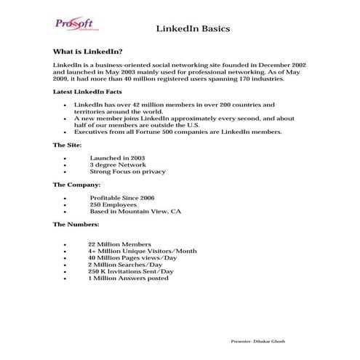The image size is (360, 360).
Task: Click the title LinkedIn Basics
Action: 193,29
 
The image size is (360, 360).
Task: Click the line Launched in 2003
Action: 117,158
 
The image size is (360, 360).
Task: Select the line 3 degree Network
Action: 117,165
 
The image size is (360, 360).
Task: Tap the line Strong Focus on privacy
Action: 127,172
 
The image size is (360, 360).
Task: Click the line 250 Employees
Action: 113,204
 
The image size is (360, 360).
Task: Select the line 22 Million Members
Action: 119,244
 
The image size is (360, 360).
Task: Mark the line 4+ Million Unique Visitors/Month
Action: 142,251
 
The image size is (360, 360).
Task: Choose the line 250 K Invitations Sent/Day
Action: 131,271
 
